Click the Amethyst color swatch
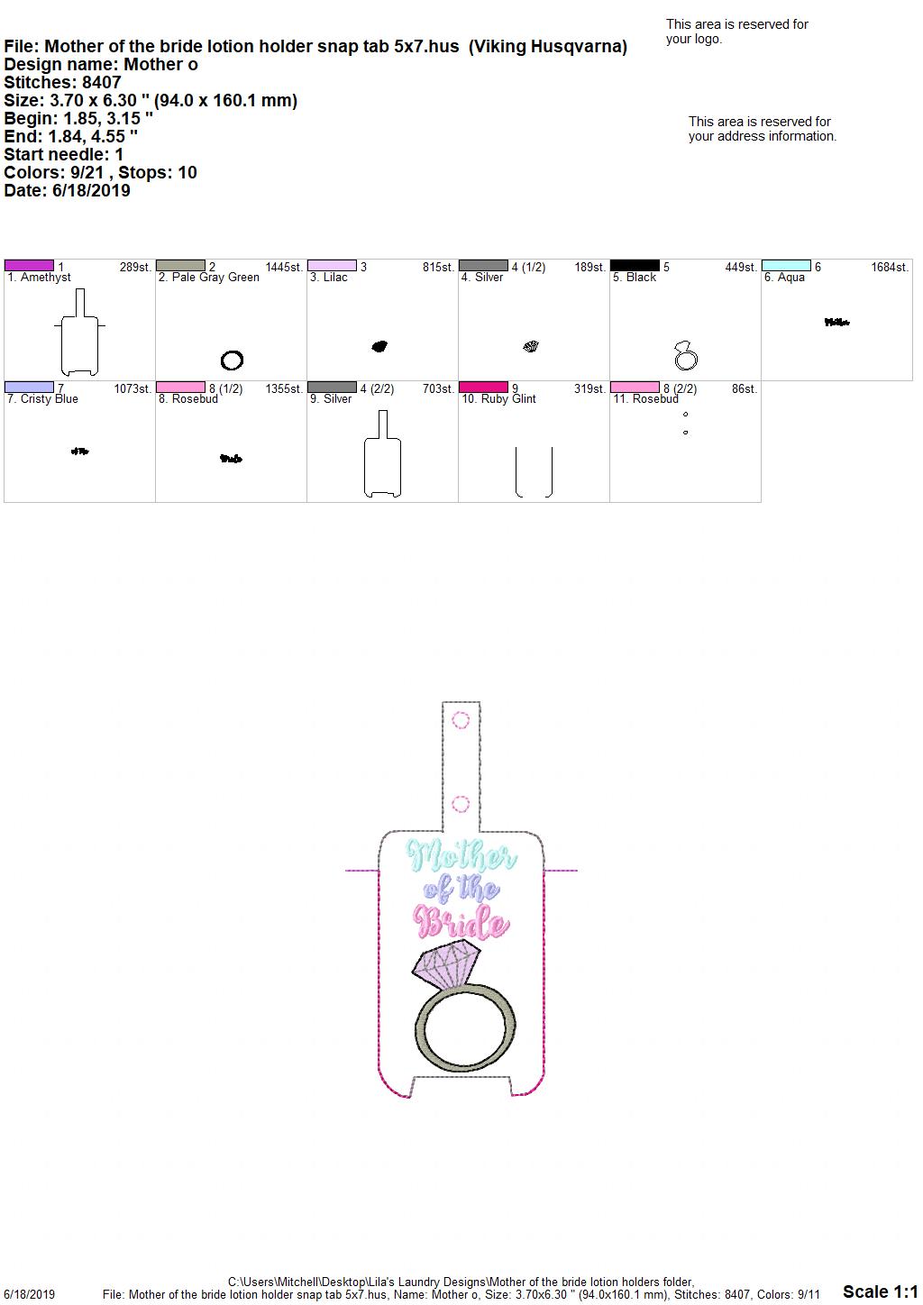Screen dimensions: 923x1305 tap(29, 265)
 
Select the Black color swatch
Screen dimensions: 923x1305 tap(635, 265)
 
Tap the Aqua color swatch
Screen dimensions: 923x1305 tap(786, 265)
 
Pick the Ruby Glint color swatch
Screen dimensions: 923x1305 tap(483, 387)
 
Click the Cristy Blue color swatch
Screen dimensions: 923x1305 tap(29, 387)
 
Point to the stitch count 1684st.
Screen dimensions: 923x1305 tap(890, 267)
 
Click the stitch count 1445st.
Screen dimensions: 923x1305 tap(284, 267)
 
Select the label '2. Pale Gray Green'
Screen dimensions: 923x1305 tap(208, 278)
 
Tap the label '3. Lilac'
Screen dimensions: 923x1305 tap(329, 278)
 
